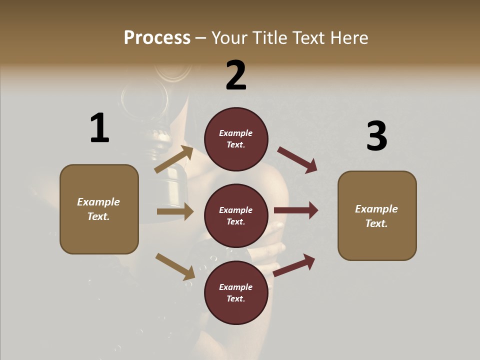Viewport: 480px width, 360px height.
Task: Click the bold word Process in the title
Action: pos(157,38)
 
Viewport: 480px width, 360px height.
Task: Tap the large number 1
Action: pos(99,128)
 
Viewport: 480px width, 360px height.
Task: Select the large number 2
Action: pos(236,75)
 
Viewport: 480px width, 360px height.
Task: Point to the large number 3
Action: pos(376,136)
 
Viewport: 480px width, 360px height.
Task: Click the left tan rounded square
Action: pos(99,209)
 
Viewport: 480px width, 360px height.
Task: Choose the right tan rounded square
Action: pos(377,215)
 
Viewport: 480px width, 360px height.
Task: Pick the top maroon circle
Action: pos(236,139)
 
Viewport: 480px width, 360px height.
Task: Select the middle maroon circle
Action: pos(236,215)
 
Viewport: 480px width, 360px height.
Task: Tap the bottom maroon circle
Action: pos(236,292)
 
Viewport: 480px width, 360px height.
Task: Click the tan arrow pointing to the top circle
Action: pos(174,159)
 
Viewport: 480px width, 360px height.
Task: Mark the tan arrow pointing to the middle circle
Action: pos(175,211)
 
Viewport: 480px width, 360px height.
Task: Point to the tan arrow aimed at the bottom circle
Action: pos(175,266)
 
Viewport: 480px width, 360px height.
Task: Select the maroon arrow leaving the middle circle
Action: pos(296,210)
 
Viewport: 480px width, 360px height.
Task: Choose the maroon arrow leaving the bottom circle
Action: pos(294,265)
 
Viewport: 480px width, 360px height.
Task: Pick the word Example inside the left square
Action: pos(98,202)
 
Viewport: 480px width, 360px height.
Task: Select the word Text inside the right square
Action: pos(376,223)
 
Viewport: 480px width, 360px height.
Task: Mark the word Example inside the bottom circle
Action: pos(236,287)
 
